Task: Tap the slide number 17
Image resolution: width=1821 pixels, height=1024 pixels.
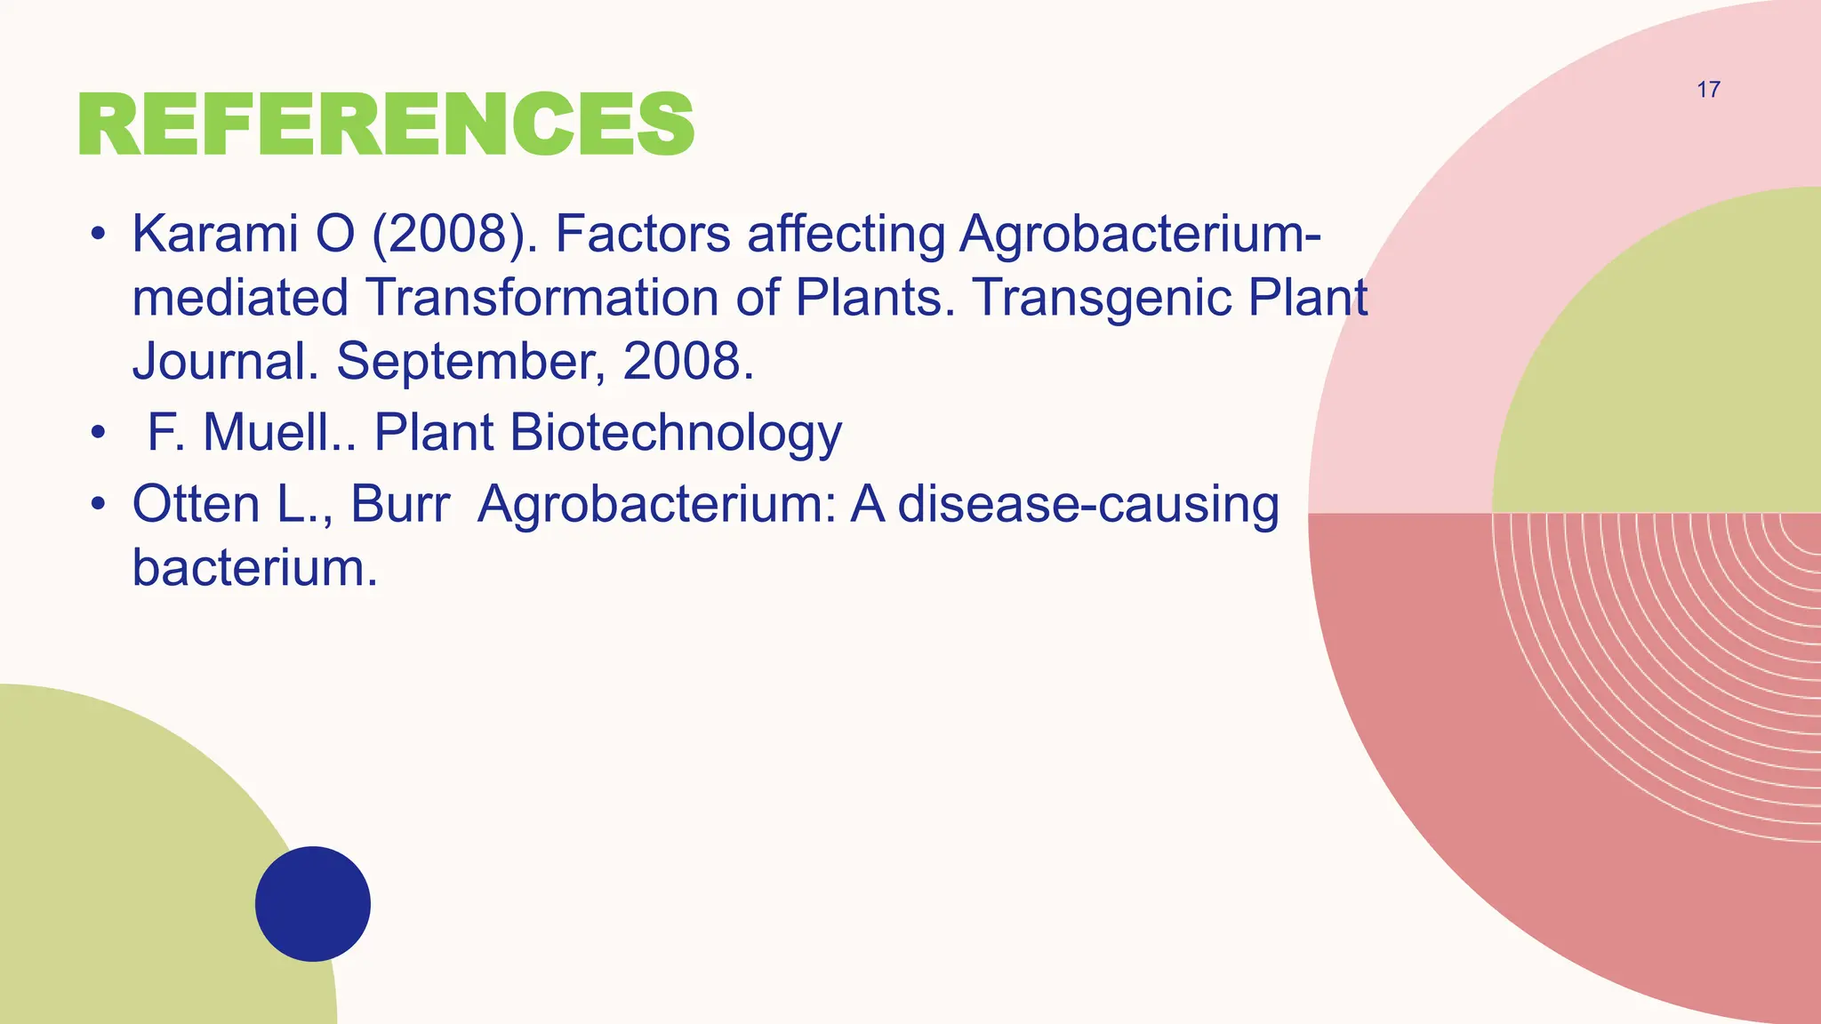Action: coord(1708,90)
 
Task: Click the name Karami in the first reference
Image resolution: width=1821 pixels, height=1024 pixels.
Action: coord(214,234)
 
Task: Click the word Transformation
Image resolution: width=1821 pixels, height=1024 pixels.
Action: coord(541,297)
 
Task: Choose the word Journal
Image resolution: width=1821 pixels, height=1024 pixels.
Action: coord(225,361)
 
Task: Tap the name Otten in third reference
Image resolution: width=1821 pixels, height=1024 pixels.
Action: coord(196,504)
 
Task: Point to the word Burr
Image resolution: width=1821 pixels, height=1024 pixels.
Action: coord(400,504)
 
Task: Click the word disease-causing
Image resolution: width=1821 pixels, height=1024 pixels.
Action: coord(1088,506)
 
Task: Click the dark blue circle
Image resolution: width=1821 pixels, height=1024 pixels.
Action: coord(313,903)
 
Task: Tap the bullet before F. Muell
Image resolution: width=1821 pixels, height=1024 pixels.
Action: coord(98,434)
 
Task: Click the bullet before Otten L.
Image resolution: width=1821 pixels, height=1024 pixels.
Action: coord(98,505)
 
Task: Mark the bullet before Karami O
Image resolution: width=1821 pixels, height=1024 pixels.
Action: coord(98,235)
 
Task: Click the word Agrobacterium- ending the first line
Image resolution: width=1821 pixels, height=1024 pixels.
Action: coord(1140,236)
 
